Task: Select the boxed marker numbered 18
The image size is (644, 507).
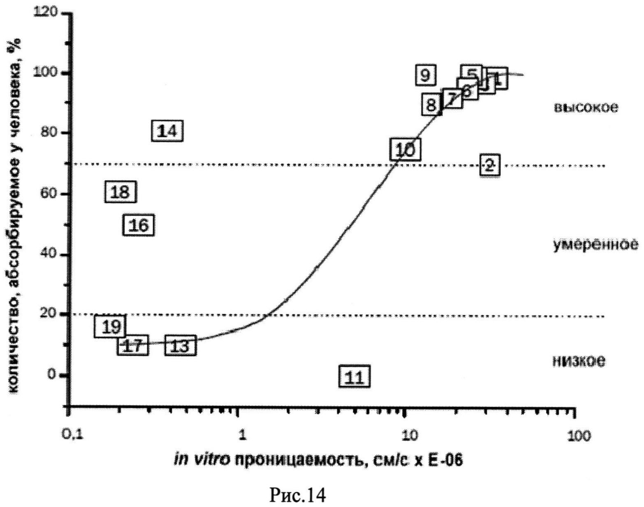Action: pyautogui.click(x=120, y=192)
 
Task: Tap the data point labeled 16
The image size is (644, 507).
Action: pyautogui.click(x=139, y=225)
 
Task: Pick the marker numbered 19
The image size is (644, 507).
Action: pyautogui.click(x=110, y=326)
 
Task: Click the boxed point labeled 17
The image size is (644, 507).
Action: pyautogui.click(x=132, y=346)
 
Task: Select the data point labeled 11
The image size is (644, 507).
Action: pyautogui.click(x=354, y=376)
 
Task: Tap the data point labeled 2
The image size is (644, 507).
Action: pyautogui.click(x=489, y=165)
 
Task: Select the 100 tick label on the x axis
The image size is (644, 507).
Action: pyautogui.click(x=579, y=435)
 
